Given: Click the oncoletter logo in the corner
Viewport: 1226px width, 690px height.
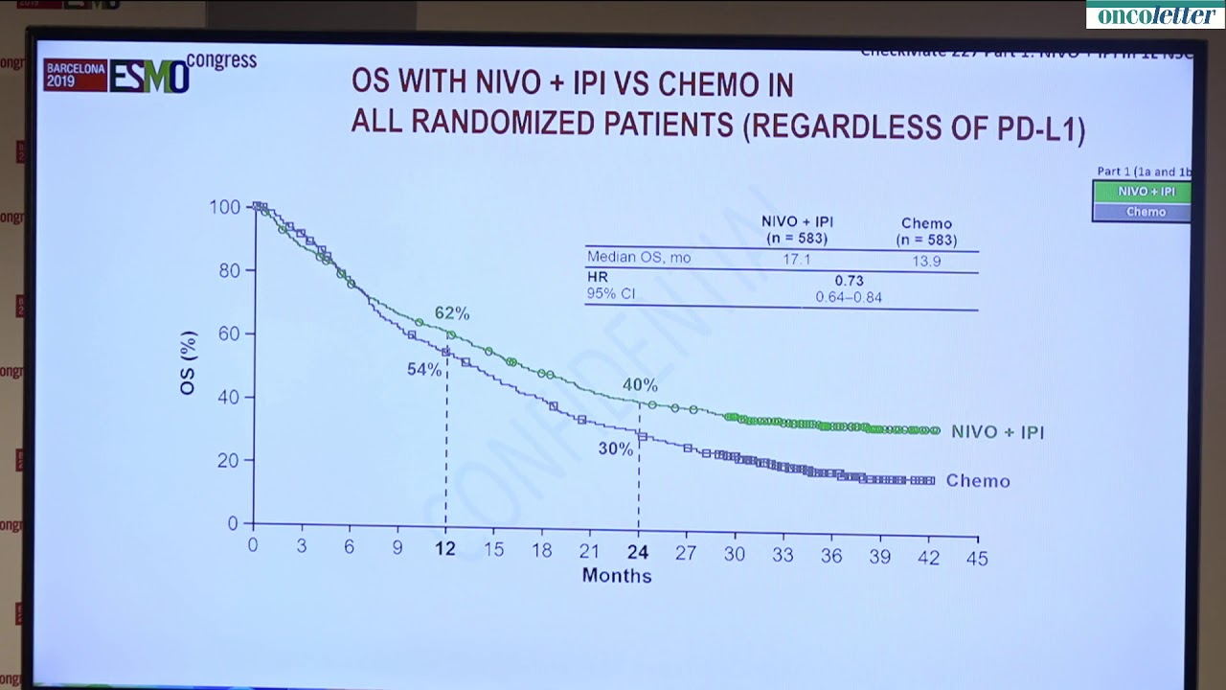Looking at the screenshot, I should (1155, 14).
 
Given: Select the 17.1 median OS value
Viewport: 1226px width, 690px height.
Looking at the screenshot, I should (797, 259).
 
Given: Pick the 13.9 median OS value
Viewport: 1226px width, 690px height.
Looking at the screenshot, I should (926, 261).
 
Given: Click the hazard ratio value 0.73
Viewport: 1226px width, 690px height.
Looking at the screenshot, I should (849, 280).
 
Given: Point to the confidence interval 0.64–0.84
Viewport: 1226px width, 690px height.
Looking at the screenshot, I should (849, 298).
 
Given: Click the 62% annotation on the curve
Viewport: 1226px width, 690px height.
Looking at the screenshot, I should (452, 313).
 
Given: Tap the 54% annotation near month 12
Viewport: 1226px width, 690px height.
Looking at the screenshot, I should (424, 369).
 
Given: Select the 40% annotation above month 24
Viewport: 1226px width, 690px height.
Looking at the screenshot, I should (640, 385).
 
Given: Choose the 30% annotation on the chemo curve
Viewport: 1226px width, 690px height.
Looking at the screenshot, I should (616, 448).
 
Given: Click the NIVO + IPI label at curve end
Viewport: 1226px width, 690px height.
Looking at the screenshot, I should (997, 432).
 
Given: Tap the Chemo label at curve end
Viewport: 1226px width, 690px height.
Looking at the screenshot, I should (978, 481).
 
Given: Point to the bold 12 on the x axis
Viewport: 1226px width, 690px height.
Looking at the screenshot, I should (445, 549).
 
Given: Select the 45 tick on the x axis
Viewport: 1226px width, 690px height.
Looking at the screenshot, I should (977, 558).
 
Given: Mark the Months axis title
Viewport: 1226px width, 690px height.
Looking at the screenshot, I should (617, 576).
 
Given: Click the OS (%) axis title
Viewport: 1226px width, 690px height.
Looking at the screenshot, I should (190, 363).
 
